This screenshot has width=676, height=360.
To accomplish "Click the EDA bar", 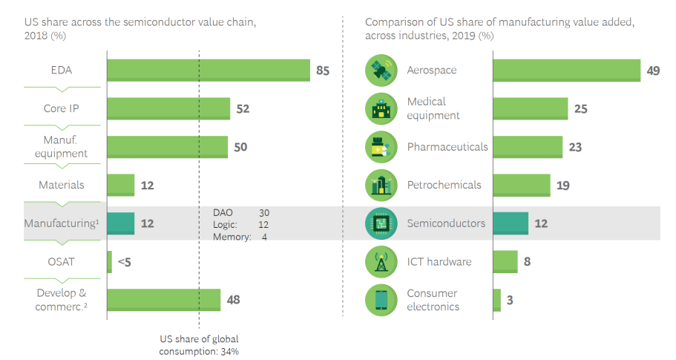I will (208, 71).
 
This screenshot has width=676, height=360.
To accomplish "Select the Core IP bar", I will (168, 108).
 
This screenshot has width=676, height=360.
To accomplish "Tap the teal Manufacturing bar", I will (121, 223).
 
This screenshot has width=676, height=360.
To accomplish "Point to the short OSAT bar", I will (110, 261).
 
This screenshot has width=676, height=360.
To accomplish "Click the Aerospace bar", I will (566, 71).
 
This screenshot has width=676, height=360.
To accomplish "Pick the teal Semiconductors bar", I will (511, 223).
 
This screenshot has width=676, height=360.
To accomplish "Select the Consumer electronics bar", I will (496, 300).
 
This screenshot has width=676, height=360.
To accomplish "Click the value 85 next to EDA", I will (322, 71).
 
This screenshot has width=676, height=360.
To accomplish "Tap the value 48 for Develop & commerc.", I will (232, 300).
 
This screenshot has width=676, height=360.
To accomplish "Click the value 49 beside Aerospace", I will (653, 71).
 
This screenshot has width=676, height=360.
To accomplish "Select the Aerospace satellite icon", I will (382, 71).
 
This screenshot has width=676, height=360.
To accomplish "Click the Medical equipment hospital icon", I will (382, 109).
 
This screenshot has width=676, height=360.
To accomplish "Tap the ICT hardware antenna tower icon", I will (382, 261).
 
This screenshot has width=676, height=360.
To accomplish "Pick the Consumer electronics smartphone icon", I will (382, 300).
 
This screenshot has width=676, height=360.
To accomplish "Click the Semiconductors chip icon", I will (382, 223).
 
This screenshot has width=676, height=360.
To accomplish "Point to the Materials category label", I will (61, 185).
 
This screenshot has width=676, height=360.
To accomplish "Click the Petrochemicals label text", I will (447, 185).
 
